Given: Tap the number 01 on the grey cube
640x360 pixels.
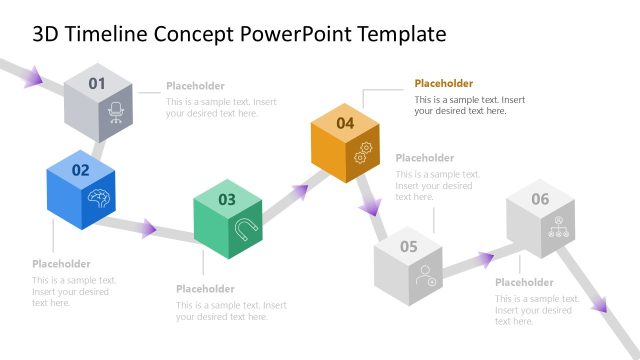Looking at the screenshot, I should (96, 84).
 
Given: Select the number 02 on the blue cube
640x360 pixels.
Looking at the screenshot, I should (80, 170).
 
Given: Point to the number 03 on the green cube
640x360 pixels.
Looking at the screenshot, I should (227, 199).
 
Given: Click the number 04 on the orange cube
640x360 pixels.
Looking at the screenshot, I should (345, 123).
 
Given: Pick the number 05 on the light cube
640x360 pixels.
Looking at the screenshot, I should (409, 246).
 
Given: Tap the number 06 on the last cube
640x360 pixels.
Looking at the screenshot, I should (540, 199).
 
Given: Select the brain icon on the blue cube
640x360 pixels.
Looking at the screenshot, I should (99, 197).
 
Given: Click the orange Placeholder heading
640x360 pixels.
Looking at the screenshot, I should (444, 84).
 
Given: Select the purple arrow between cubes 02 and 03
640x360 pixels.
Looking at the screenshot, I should (147, 228).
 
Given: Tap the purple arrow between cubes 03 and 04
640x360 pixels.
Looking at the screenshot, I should (300, 189).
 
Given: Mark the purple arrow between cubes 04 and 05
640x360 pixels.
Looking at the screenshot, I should (369, 205).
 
